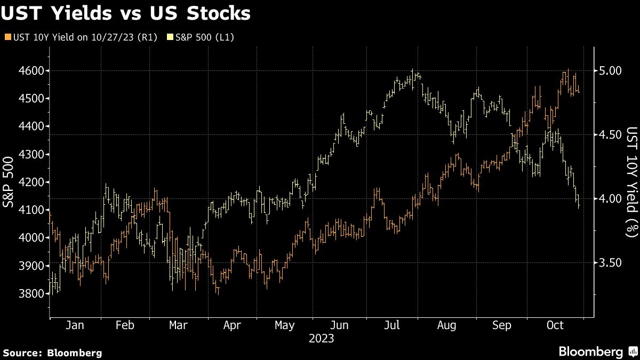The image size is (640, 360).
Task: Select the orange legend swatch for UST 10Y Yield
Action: click(x=6, y=37)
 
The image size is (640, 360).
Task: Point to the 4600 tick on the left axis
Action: click(x=32, y=70)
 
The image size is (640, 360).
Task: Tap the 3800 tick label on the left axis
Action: click(x=32, y=294)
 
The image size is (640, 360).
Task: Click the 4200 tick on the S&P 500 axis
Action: click(x=32, y=182)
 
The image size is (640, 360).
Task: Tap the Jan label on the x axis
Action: click(x=74, y=325)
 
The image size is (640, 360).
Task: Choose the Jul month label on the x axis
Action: click(x=393, y=325)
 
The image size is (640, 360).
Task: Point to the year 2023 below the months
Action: click(x=321, y=338)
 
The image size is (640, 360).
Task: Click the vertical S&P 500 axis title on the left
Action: click(x=10, y=181)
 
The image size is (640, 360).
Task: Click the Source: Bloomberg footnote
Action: click(x=52, y=353)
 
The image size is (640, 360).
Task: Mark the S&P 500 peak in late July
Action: click(x=412, y=71)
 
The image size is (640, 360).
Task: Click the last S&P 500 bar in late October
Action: click(x=579, y=203)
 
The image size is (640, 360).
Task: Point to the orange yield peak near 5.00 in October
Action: click(x=568, y=71)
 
